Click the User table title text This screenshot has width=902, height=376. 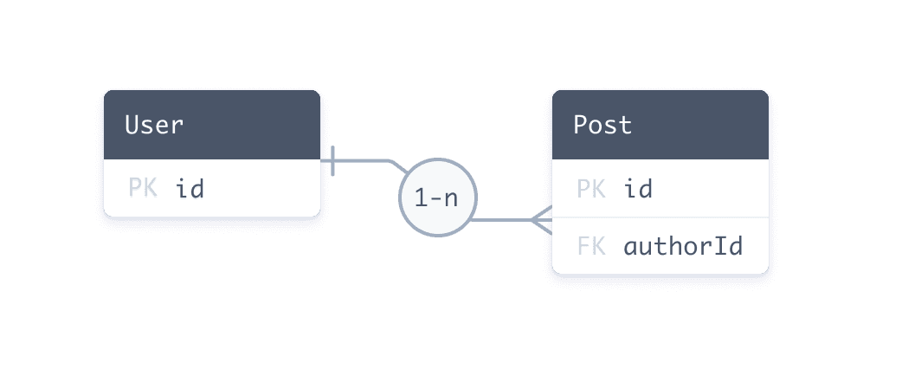tap(154, 125)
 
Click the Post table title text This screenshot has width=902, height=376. tap(602, 125)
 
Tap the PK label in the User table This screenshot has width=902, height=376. tap(142, 188)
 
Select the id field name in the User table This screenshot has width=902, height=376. tap(190, 188)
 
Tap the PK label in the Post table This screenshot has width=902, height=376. tap(590, 188)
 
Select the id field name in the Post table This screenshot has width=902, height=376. tap(638, 188)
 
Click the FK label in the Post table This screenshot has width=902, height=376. tap(590, 246)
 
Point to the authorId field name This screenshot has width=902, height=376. tap(683, 246)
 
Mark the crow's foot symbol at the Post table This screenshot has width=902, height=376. tap(542, 220)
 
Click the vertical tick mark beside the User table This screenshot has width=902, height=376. tap(333, 160)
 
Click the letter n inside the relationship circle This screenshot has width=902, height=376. tap(451, 198)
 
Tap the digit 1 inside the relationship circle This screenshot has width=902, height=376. tap(421, 198)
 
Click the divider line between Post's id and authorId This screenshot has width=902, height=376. tap(660, 217)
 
